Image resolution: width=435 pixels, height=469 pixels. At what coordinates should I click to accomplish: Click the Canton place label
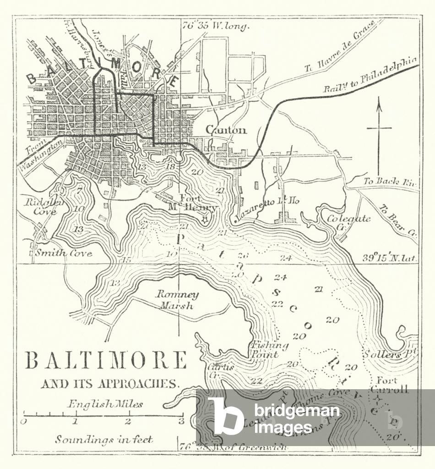tap(226, 130)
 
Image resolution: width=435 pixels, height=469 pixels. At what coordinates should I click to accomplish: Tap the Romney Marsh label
tap(177, 300)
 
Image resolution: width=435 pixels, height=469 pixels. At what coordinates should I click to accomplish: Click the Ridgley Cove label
tap(41, 206)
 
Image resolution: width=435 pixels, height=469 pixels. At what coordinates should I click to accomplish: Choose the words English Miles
tap(105, 404)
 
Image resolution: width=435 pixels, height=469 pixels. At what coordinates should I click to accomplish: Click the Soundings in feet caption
tap(104, 439)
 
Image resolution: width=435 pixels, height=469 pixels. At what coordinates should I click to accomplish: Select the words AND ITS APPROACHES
tap(108, 384)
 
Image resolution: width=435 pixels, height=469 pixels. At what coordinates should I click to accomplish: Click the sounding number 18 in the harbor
tap(170, 167)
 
